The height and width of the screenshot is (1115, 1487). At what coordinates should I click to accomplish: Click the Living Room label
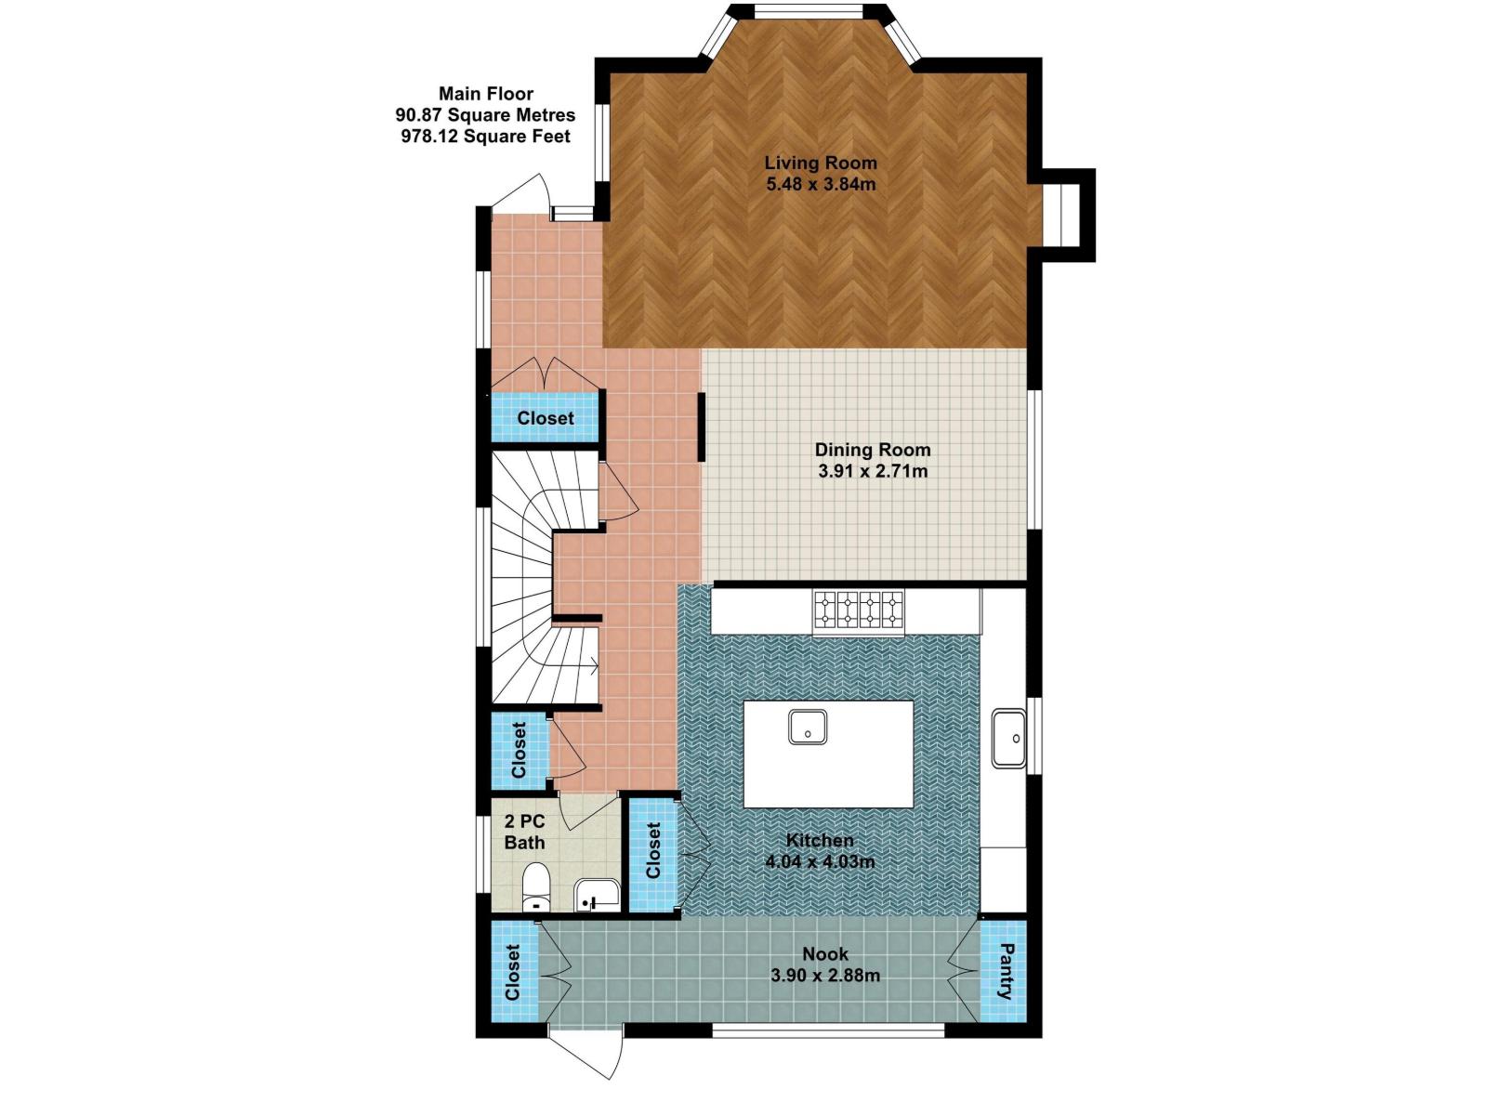pos(820,163)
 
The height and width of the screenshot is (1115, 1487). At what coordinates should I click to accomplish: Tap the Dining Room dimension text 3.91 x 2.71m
pos(873,471)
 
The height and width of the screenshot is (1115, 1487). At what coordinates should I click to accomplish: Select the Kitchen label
pos(820,840)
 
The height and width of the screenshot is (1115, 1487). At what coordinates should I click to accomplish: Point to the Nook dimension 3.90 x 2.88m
pos(825,976)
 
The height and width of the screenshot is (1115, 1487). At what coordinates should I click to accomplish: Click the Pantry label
pos(1005,971)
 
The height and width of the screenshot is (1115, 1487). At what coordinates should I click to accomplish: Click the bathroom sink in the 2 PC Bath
pos(596,894)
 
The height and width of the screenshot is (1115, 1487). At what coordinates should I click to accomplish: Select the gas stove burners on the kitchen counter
pos(859,610)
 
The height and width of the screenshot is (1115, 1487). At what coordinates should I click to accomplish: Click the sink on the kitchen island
pos(809,727)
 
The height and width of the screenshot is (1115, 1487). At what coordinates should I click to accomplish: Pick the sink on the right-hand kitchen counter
pos(1008,739)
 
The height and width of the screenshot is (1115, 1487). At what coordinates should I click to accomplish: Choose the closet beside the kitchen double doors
pos(653,850)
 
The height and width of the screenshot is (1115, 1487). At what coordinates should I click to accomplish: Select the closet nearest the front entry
pos(546,418)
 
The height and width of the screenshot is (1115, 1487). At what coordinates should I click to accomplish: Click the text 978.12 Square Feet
pos(485,137)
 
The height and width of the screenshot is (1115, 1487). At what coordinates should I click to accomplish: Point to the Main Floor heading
pos(486,93)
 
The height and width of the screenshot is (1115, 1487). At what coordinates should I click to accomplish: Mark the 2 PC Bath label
pos(524,832)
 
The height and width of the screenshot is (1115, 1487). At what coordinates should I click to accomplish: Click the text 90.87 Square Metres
pos(485,115)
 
